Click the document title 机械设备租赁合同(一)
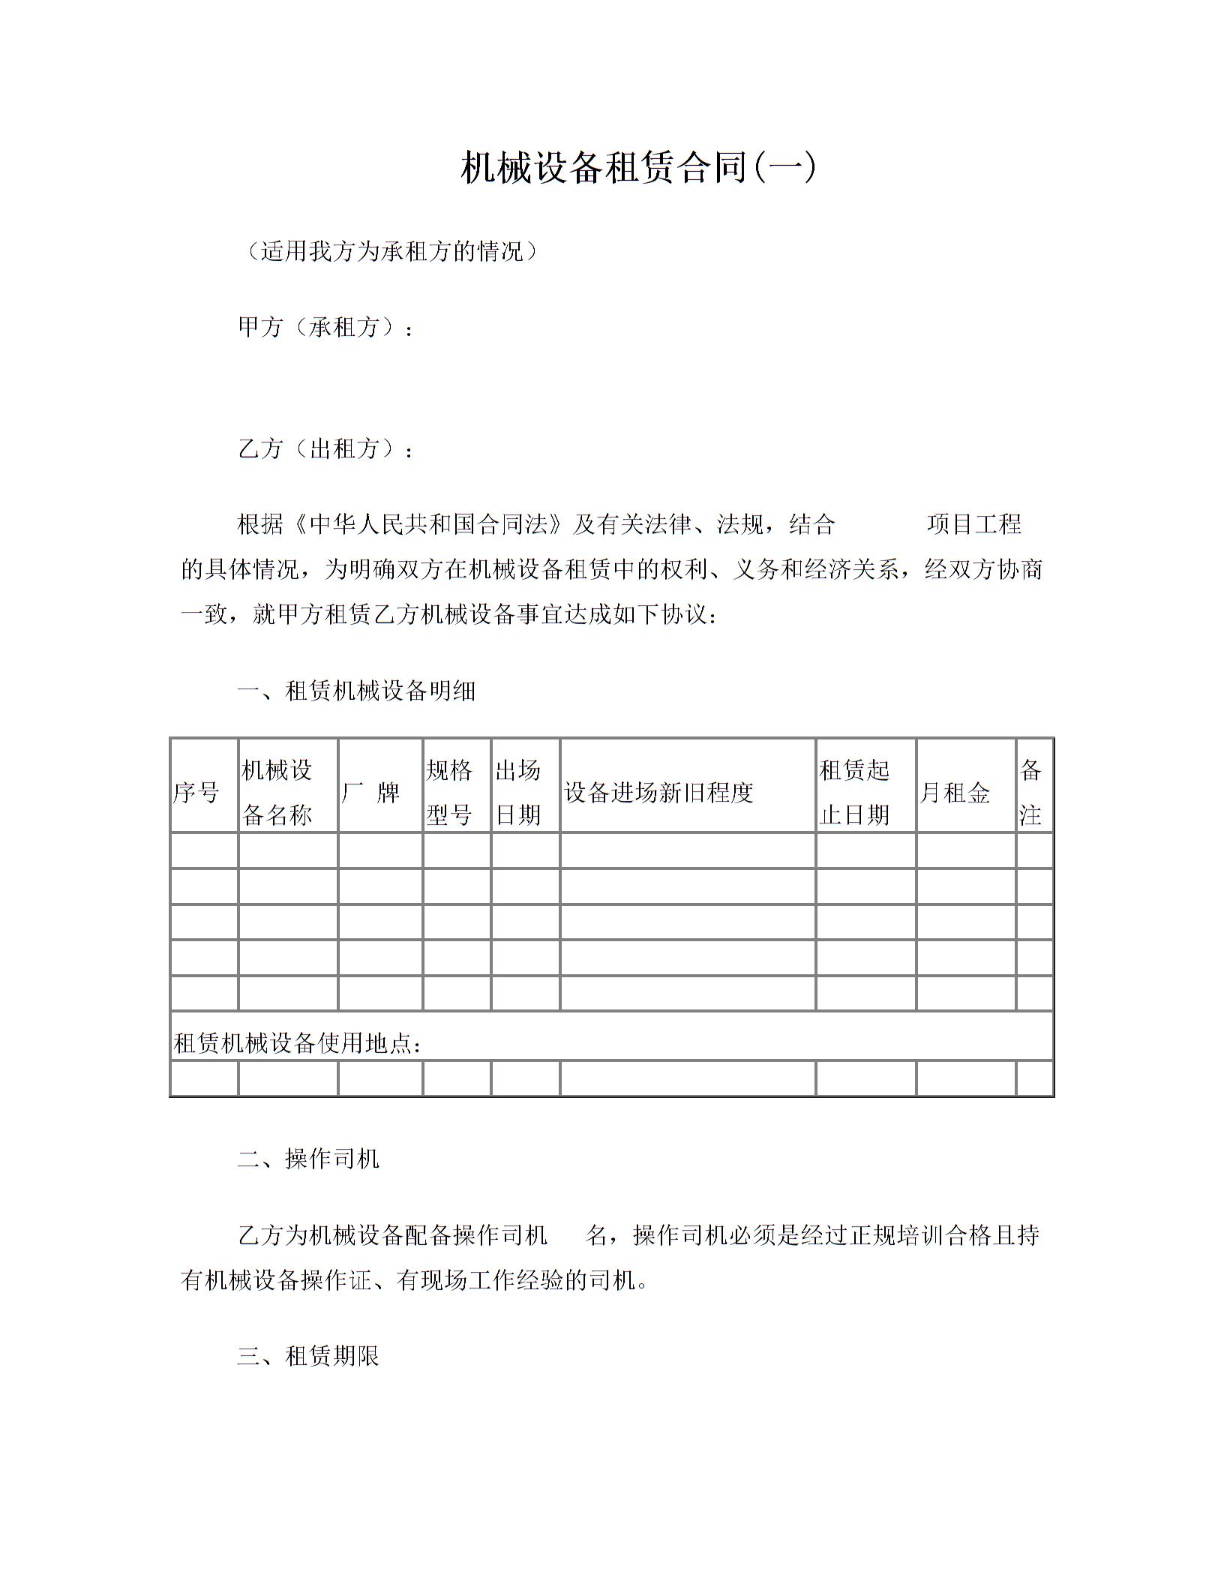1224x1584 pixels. pos(637,167)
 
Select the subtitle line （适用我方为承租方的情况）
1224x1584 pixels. pos(391,251)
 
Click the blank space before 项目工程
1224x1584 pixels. pos(880,523)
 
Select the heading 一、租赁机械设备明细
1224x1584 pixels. pos(356,690)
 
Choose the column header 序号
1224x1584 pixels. pos(196,792)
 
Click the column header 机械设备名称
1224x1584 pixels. pos(277,792)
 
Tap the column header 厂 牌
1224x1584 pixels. pos(371,792)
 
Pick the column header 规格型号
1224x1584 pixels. pos(449,792)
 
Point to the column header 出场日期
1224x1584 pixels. pos(518,792)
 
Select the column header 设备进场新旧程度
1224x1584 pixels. pos(658,792)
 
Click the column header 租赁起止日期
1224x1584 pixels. pos(854,792)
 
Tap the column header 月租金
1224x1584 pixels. pos(955,792)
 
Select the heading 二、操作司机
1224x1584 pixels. pos(308,1159)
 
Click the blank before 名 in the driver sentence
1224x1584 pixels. pos(566,1235)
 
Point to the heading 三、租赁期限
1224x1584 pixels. pos(308,1355)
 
